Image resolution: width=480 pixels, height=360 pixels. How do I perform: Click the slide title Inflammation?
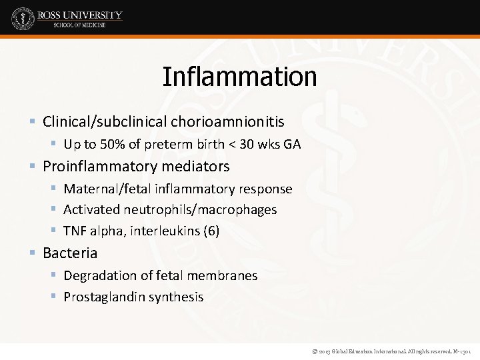point(239,77)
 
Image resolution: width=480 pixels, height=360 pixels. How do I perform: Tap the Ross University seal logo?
point(23,18)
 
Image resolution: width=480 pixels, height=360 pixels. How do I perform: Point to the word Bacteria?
point(70,253)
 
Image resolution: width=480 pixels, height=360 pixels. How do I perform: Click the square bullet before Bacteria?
point(33,253)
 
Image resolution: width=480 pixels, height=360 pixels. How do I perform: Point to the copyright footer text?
point(386,350)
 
